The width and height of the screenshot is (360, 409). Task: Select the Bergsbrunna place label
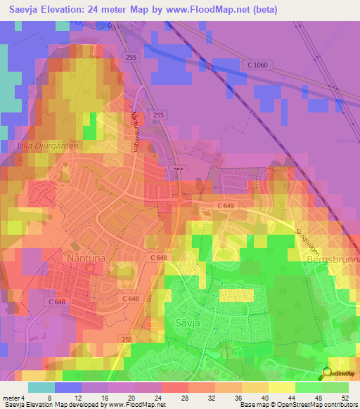(333, 259)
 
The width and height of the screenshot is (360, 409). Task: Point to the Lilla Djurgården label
(47, 146)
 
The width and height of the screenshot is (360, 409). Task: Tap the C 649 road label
(226, 205)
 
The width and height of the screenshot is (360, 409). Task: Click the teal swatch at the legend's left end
(41, 387)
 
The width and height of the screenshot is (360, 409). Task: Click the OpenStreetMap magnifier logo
(327, 372)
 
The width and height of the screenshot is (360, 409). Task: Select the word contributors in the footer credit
(337, 405)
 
